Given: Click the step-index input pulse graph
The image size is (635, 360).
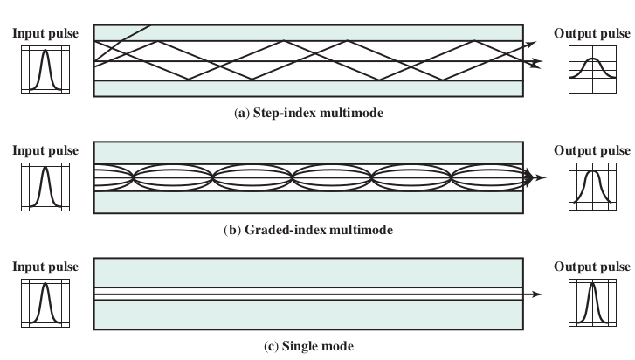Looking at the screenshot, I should point(45,70).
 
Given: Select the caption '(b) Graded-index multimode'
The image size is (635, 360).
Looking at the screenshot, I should point(308,231).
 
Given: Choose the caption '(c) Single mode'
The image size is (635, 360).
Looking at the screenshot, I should point(308,347).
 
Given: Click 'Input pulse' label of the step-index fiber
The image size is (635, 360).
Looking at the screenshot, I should point(45,34).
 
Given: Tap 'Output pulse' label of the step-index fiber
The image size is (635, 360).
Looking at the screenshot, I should point(591,34).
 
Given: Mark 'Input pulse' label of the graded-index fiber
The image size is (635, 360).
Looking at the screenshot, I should point(45,150).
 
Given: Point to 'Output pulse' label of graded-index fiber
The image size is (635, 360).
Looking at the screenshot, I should point(591,150).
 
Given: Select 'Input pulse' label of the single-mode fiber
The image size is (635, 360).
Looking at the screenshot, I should point(45,266).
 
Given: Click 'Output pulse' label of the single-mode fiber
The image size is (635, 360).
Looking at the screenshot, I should point(591,266).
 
